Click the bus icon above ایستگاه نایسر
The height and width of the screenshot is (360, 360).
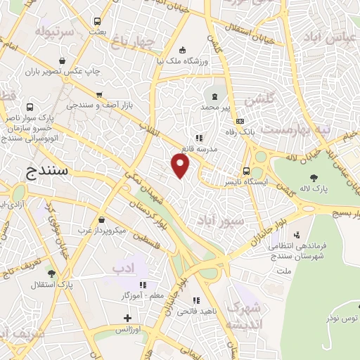(246, 171)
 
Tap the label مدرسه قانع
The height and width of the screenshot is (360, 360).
(198, 149)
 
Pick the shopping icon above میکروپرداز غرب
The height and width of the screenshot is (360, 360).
(101, 220)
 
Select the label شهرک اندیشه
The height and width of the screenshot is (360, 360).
(245, 316)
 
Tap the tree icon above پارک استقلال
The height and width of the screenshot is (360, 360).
(51, 274)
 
